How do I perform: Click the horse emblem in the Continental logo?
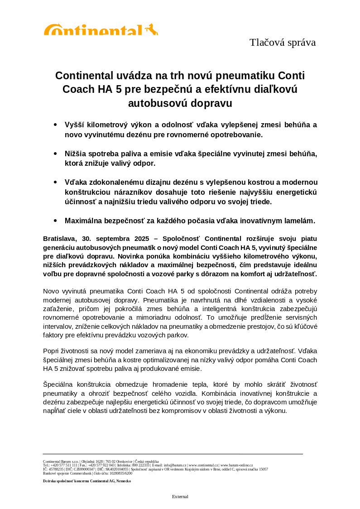tap(152, 29)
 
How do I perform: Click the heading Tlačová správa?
tap(282, 43)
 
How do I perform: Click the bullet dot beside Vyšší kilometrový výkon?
tap(55, 125)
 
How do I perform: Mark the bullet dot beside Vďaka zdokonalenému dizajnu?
tap(55, 182)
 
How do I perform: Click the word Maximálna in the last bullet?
tap(85, 221)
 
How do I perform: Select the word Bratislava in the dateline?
tap(60, 239)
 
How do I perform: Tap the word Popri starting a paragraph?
tap(51, 351)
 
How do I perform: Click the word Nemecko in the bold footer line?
tap(124, 481)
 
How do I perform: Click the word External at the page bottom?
tap(180, 497)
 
